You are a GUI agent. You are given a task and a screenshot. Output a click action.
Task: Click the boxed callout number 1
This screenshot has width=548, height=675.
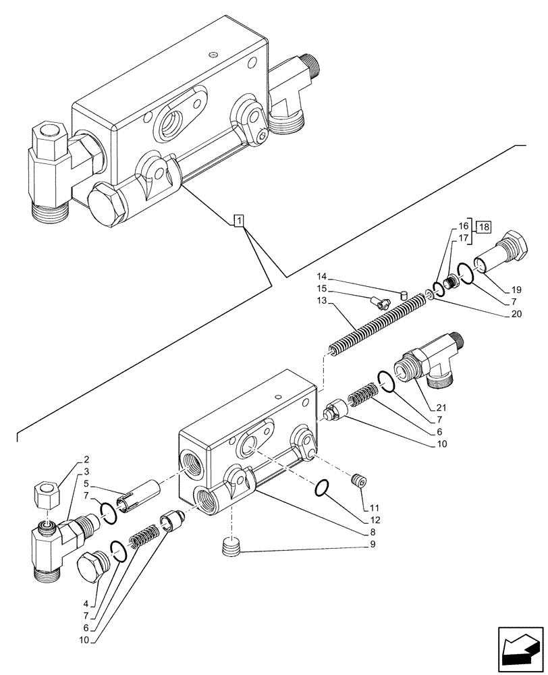[239, 221]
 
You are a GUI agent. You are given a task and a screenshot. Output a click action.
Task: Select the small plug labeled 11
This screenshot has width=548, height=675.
[358, 481]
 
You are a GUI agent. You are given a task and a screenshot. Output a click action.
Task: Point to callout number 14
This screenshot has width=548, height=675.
[321, 276]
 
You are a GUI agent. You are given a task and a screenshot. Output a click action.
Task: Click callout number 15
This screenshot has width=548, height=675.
[321, 289]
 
